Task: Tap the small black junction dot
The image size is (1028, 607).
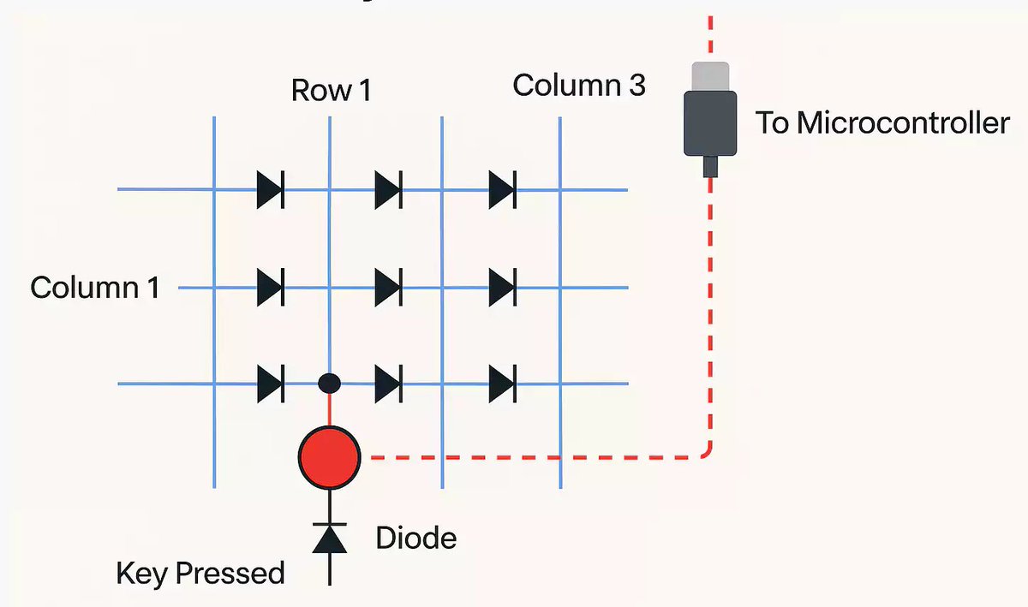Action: (329, 384)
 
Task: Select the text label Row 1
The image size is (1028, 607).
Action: (332, 90)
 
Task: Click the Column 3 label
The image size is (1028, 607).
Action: (579, 86)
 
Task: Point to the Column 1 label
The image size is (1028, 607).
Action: (95, 287)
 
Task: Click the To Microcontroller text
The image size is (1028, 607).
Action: (882, 123)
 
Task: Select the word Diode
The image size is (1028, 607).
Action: (416, 539)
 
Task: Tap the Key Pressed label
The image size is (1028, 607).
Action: (200, 573)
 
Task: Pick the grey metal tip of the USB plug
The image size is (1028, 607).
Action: (710, 76)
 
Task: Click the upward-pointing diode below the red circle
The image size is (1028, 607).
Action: (330, 537)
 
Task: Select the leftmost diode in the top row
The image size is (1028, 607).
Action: (271, 189)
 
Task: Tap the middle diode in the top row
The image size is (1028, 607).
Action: (388, 189)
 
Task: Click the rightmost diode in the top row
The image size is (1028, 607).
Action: (502, 189)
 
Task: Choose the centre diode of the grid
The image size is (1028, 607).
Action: (388, 286)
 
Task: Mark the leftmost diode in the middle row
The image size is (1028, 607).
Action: (271, 286)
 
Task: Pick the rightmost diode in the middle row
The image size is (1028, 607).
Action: (502, 286)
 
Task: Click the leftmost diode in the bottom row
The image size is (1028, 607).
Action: (271, 384)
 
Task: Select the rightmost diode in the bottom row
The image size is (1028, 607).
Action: (502, 384)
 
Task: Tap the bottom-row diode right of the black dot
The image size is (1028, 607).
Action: (388, 384)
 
